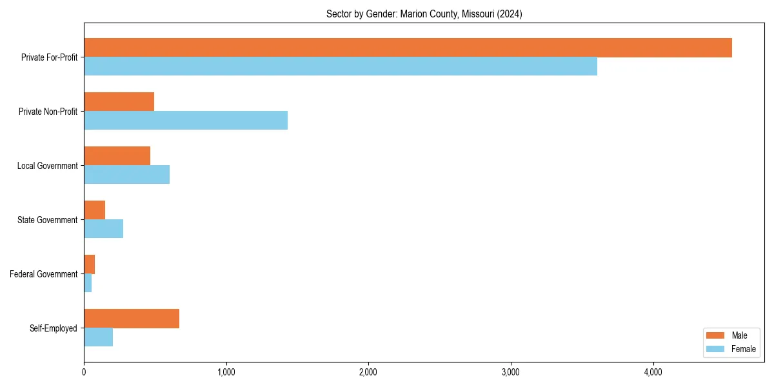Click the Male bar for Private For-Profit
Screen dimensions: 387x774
click(x=408, y=48)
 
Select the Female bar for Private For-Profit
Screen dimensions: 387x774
click(x=341, y=66)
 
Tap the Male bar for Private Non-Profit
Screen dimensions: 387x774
click(x=119, y=102)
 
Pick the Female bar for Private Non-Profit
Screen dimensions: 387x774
click(x=186, y=121)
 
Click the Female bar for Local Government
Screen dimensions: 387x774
click(x=126, y=175)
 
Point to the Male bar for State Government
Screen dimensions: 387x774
click(x=94, y=210)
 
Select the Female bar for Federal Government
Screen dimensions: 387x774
click(x=88, y=283)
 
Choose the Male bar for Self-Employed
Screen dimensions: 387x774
click(x=132, y=319)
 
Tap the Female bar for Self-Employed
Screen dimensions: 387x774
click(x=98, y=337)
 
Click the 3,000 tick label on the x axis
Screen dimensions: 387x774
click(x=511, y=372)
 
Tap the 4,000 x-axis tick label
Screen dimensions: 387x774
click(x=653, y=372)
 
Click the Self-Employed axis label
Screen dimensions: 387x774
click(x=54, y=328)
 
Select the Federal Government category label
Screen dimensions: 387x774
click(x=44, y=274)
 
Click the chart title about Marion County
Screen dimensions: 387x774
click(x=424, y=14)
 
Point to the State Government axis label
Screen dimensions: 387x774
click(x=48, y=220)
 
